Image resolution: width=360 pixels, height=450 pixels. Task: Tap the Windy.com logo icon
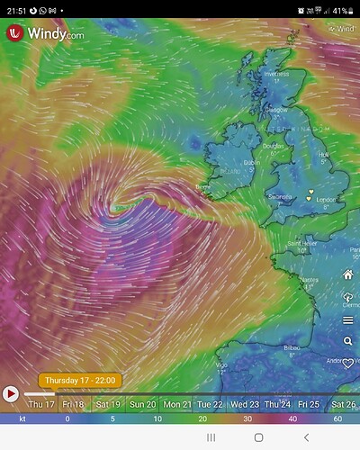[x=14, y=33]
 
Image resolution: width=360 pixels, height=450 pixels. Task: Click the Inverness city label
[x=275, y=75]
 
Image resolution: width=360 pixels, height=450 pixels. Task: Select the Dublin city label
[x=252, y=162]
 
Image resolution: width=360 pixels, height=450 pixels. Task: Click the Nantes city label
[x=310, y=280]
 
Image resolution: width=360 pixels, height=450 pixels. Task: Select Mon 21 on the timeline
[x=177, y=405]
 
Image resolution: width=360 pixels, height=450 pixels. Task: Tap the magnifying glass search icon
[x=347, y=341]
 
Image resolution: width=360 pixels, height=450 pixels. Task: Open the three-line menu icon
[x=347, y=319]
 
